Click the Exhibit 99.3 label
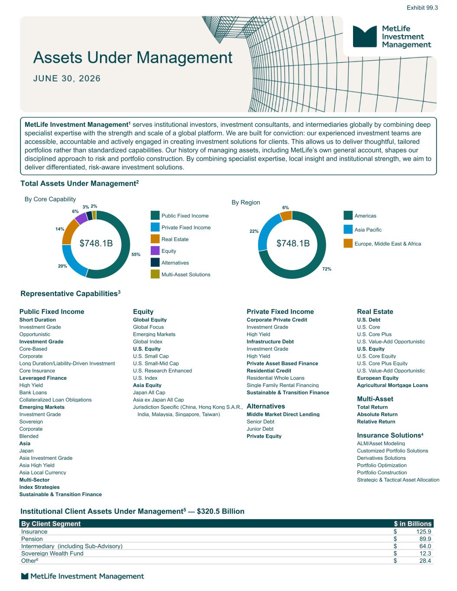422,8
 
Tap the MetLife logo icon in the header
365,36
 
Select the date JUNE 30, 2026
67,78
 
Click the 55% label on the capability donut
136,254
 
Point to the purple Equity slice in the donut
81,218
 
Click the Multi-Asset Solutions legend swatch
155,274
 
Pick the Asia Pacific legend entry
363,229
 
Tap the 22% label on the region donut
254,231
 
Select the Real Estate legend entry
169,239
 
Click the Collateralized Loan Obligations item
55,400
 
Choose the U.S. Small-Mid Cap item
156,363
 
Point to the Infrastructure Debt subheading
270,342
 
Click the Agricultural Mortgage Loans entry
392,385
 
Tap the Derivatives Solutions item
381,458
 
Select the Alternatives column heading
266,406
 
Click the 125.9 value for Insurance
424,532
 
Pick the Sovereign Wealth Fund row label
52,553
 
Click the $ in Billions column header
412,524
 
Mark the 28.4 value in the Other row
425,561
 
